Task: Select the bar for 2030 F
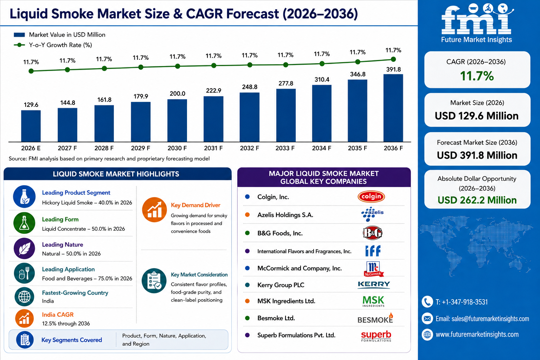[x=177, y=120]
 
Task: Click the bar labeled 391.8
[x=393, y=108]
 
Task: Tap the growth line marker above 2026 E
[x=31, y=71]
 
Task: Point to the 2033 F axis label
[x=285, y=148]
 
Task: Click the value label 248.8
[x=250, y=87]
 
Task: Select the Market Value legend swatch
[x=19, y=35]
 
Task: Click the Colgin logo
[x=371, y=197]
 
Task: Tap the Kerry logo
[x=374, y=285]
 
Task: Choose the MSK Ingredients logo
[x=373, y=301]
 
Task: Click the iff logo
[x=373, y=251]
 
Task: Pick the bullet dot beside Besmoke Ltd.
[x=247, y=318]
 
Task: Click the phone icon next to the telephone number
[x=427, y=302]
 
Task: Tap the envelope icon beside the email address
[x=427, y=319]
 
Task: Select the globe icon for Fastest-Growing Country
[x=24, y=297]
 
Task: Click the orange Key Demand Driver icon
[x=154, y=210]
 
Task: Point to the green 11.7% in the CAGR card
[x=477, y=76]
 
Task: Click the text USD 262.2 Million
[x=477, y=200]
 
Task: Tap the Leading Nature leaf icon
[x=24, y=249]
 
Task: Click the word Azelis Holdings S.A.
[x=285, y=215]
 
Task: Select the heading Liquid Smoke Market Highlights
[x=116, y=174]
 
